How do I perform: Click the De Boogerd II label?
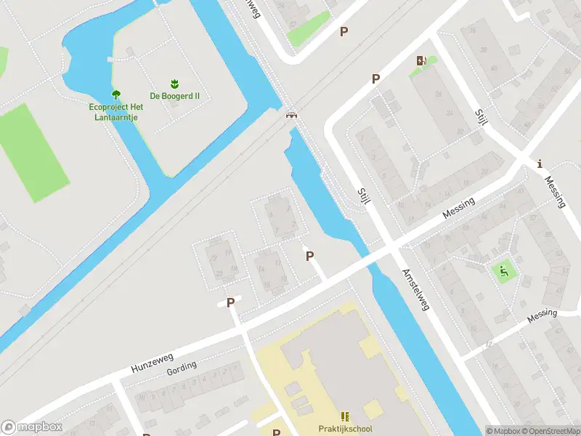coord(174,96)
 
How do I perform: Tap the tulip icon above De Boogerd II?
coord(174,84)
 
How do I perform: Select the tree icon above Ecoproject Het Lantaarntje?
coord(115,94)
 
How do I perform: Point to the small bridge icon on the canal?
coord(291,114)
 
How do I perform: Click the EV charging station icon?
coord(420,61)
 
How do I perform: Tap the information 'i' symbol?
coord(539,164)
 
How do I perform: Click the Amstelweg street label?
coord(415,287)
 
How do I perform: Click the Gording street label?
coord(182,368)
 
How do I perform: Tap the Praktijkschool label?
coord(346,429)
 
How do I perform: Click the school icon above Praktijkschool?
coord(346,416)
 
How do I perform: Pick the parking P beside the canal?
coord(310,256)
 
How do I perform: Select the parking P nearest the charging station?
coord(375,79)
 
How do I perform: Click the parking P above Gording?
coord(231,302)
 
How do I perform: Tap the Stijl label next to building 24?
coord(480,119)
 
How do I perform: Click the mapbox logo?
coord(32,427)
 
